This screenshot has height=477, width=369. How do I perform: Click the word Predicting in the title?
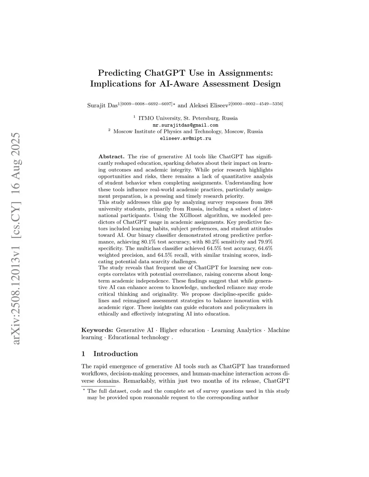click(x=120, y=73)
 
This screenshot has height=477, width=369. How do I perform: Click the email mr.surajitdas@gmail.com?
click(x=185, y=125)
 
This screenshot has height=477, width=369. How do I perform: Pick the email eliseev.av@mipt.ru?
click(x=185, y=138)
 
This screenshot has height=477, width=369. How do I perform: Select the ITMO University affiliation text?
click(x=159, y=118)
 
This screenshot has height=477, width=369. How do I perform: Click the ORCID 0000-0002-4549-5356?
click(x=257, y=104)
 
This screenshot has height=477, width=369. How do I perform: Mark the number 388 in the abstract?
click(x=268, y=202)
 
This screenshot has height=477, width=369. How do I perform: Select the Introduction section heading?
click(x=115, y=354)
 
